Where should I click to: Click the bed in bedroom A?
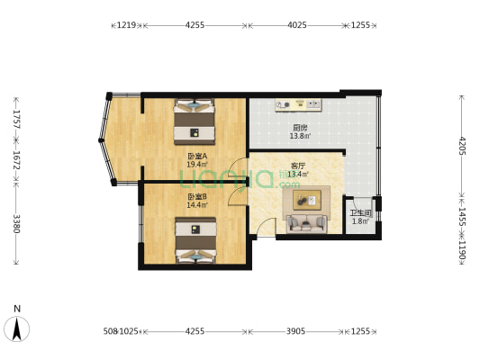tap(195, 121)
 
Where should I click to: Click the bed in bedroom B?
tap(195, 242)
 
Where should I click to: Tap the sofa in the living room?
tap(307, 222)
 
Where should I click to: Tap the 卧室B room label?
tap(197, 196)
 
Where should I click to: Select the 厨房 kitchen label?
tap(300, 127)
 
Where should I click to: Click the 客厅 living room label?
tap(297, 166)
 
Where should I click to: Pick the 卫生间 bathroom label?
tap(360, 212)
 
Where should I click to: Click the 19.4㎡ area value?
tap(197, 165)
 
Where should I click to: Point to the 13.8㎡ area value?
tap(300, 136)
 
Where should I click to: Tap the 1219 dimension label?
tap(126, 25)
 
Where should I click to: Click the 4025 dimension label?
tap(298, 25)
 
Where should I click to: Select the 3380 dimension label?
tap(16, 222)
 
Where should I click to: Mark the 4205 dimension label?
tap(462, 146)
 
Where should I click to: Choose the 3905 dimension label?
tap(297, 332)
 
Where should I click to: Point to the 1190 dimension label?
tap(462, 249)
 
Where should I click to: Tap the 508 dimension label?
tap(110, 332)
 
